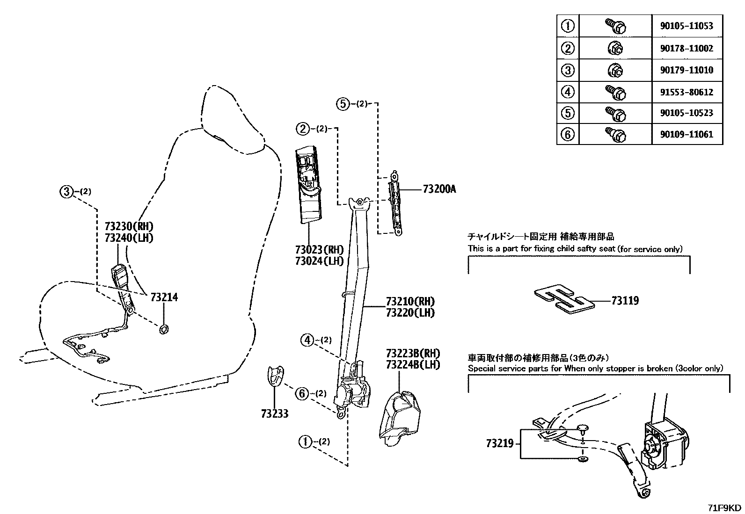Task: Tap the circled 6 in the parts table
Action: (x=567, y=135)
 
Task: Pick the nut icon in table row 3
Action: (x=615, y=71)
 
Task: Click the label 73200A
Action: (x=438, y=189)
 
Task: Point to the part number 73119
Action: (x=624, y=301)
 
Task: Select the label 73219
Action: (x=499, y=443)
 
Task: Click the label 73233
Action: (x=275, y=413)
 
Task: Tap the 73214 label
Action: (x=164, y=297)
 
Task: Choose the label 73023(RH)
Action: (x=319, y=250)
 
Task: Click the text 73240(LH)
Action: (x=129, y=238)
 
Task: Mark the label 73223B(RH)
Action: (x=413, y=353)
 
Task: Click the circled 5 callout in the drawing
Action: (x=343, y=104)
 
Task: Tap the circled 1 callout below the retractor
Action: (x=305, y=441)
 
